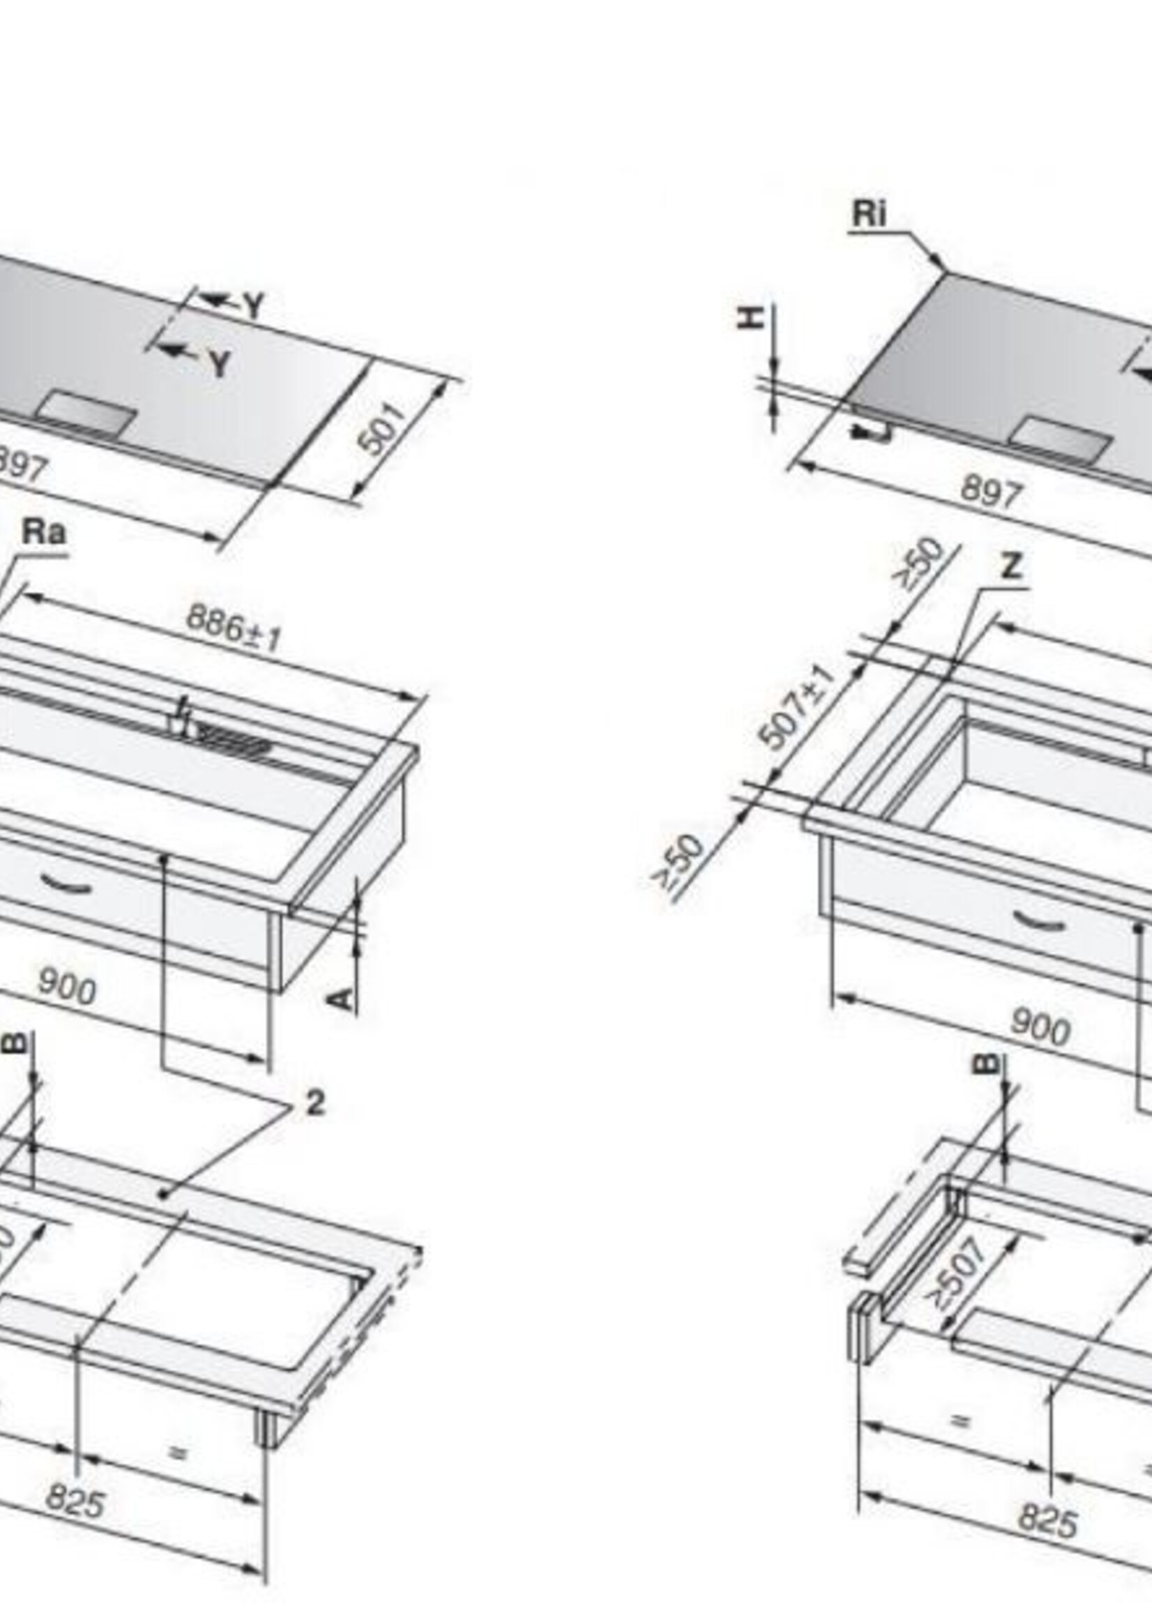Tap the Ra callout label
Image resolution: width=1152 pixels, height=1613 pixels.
[44, 532]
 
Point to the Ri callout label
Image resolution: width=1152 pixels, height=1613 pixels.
[869, 213]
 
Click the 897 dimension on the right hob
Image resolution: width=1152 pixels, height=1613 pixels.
[990, 492]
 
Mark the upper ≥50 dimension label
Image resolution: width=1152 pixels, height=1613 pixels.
[919, 564]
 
